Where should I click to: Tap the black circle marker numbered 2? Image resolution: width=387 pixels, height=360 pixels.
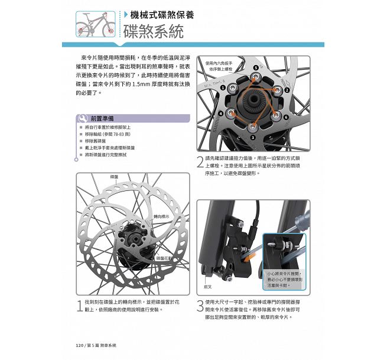pos(287,90)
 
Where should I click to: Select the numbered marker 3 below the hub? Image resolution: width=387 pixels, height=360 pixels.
pos(253,137)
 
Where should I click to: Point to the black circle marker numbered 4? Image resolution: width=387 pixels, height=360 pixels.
pos(221,113)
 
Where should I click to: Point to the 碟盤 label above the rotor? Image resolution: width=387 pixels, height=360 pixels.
pos(114,177)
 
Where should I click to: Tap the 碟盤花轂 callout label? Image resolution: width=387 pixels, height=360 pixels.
pos(165,259)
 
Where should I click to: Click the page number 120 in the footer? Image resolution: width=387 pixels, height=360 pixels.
pos(80,345)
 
